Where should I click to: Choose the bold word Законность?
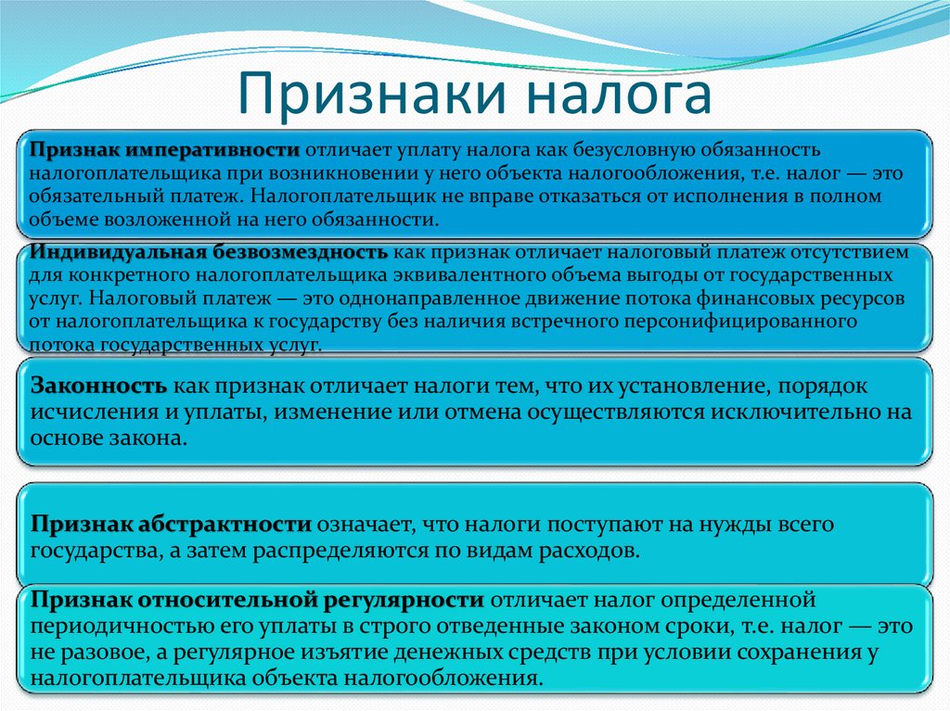click(99, 385)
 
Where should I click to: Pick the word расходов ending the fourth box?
click(591, 550)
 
